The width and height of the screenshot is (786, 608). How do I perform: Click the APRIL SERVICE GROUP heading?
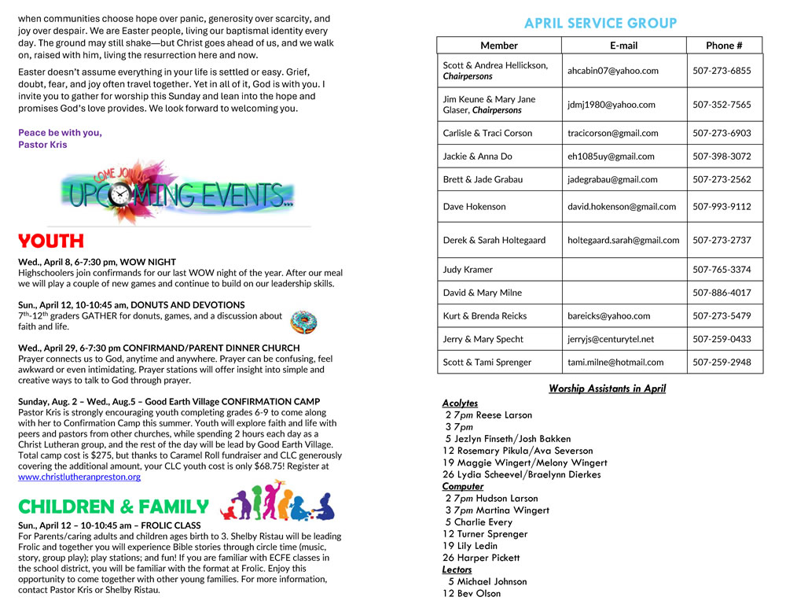(600, 23)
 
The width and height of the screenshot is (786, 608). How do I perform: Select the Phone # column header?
(723, 46)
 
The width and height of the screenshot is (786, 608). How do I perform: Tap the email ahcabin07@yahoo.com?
(613, 71)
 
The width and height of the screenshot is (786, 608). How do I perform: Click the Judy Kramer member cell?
(468, 270)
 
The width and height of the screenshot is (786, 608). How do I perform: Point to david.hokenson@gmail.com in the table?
(622, 207)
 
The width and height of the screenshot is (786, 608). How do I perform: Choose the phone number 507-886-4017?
(722, 293)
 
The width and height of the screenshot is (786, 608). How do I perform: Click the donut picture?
(303, 321)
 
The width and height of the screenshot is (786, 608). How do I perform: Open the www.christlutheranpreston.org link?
(79, 477)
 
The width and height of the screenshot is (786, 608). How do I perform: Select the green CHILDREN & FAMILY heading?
(113, 507)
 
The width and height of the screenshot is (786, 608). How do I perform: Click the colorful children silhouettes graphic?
(277, 501)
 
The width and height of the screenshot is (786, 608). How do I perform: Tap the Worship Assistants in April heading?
(607, 389)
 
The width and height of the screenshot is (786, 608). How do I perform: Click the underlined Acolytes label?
(460, 403)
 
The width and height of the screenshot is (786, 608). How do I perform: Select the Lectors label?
(457, 569)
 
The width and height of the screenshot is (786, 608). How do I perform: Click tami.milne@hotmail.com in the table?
(615, 363)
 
